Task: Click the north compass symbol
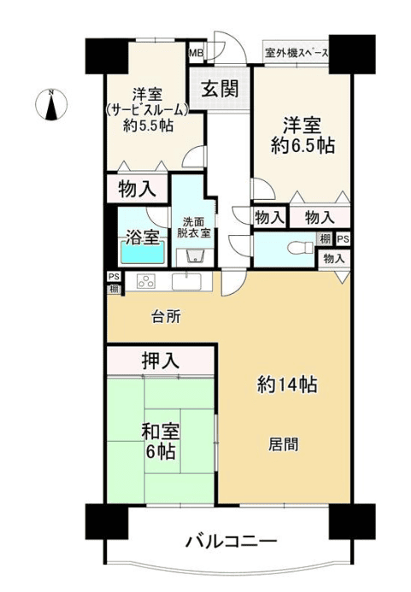51,104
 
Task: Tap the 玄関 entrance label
220,90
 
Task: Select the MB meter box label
196,52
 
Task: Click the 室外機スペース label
297,53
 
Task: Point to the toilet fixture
300,248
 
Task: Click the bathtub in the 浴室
143,252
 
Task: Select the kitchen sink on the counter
186,282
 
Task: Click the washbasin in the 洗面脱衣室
195,256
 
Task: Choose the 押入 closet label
160,360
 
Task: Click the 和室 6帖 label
161,441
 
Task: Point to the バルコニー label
232,542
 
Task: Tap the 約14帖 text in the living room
287,385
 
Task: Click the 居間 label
284,444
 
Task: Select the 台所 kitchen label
167,316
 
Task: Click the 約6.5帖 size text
303,145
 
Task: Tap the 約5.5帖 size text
148,126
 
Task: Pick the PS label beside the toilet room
343,238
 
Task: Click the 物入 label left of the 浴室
137,189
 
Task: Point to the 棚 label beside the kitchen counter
114,290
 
